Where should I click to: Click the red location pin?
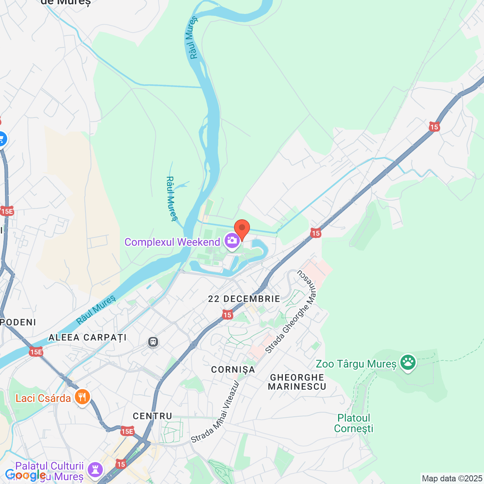point(242,228)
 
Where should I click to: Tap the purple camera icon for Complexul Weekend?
point(232,241)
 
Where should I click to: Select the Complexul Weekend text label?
point(172,242)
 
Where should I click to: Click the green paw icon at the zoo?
point(408,362)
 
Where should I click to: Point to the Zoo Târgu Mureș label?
point(356,364)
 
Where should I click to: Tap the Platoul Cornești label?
point(354,423)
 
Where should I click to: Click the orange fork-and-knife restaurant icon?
point(82,397)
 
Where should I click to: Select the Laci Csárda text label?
point(43,398)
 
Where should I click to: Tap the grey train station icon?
point(153,342)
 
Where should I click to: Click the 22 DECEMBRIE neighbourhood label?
point(244,299)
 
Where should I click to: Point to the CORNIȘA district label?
point(233,369)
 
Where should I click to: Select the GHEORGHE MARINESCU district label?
point(297,382)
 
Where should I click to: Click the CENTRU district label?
point(152,416)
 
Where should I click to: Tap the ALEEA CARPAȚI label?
point(87,337)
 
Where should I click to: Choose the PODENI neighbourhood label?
point(18,322)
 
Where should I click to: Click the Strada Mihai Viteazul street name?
point(216,412)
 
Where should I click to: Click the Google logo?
point(25,475)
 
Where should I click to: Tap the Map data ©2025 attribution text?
point(452,478)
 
